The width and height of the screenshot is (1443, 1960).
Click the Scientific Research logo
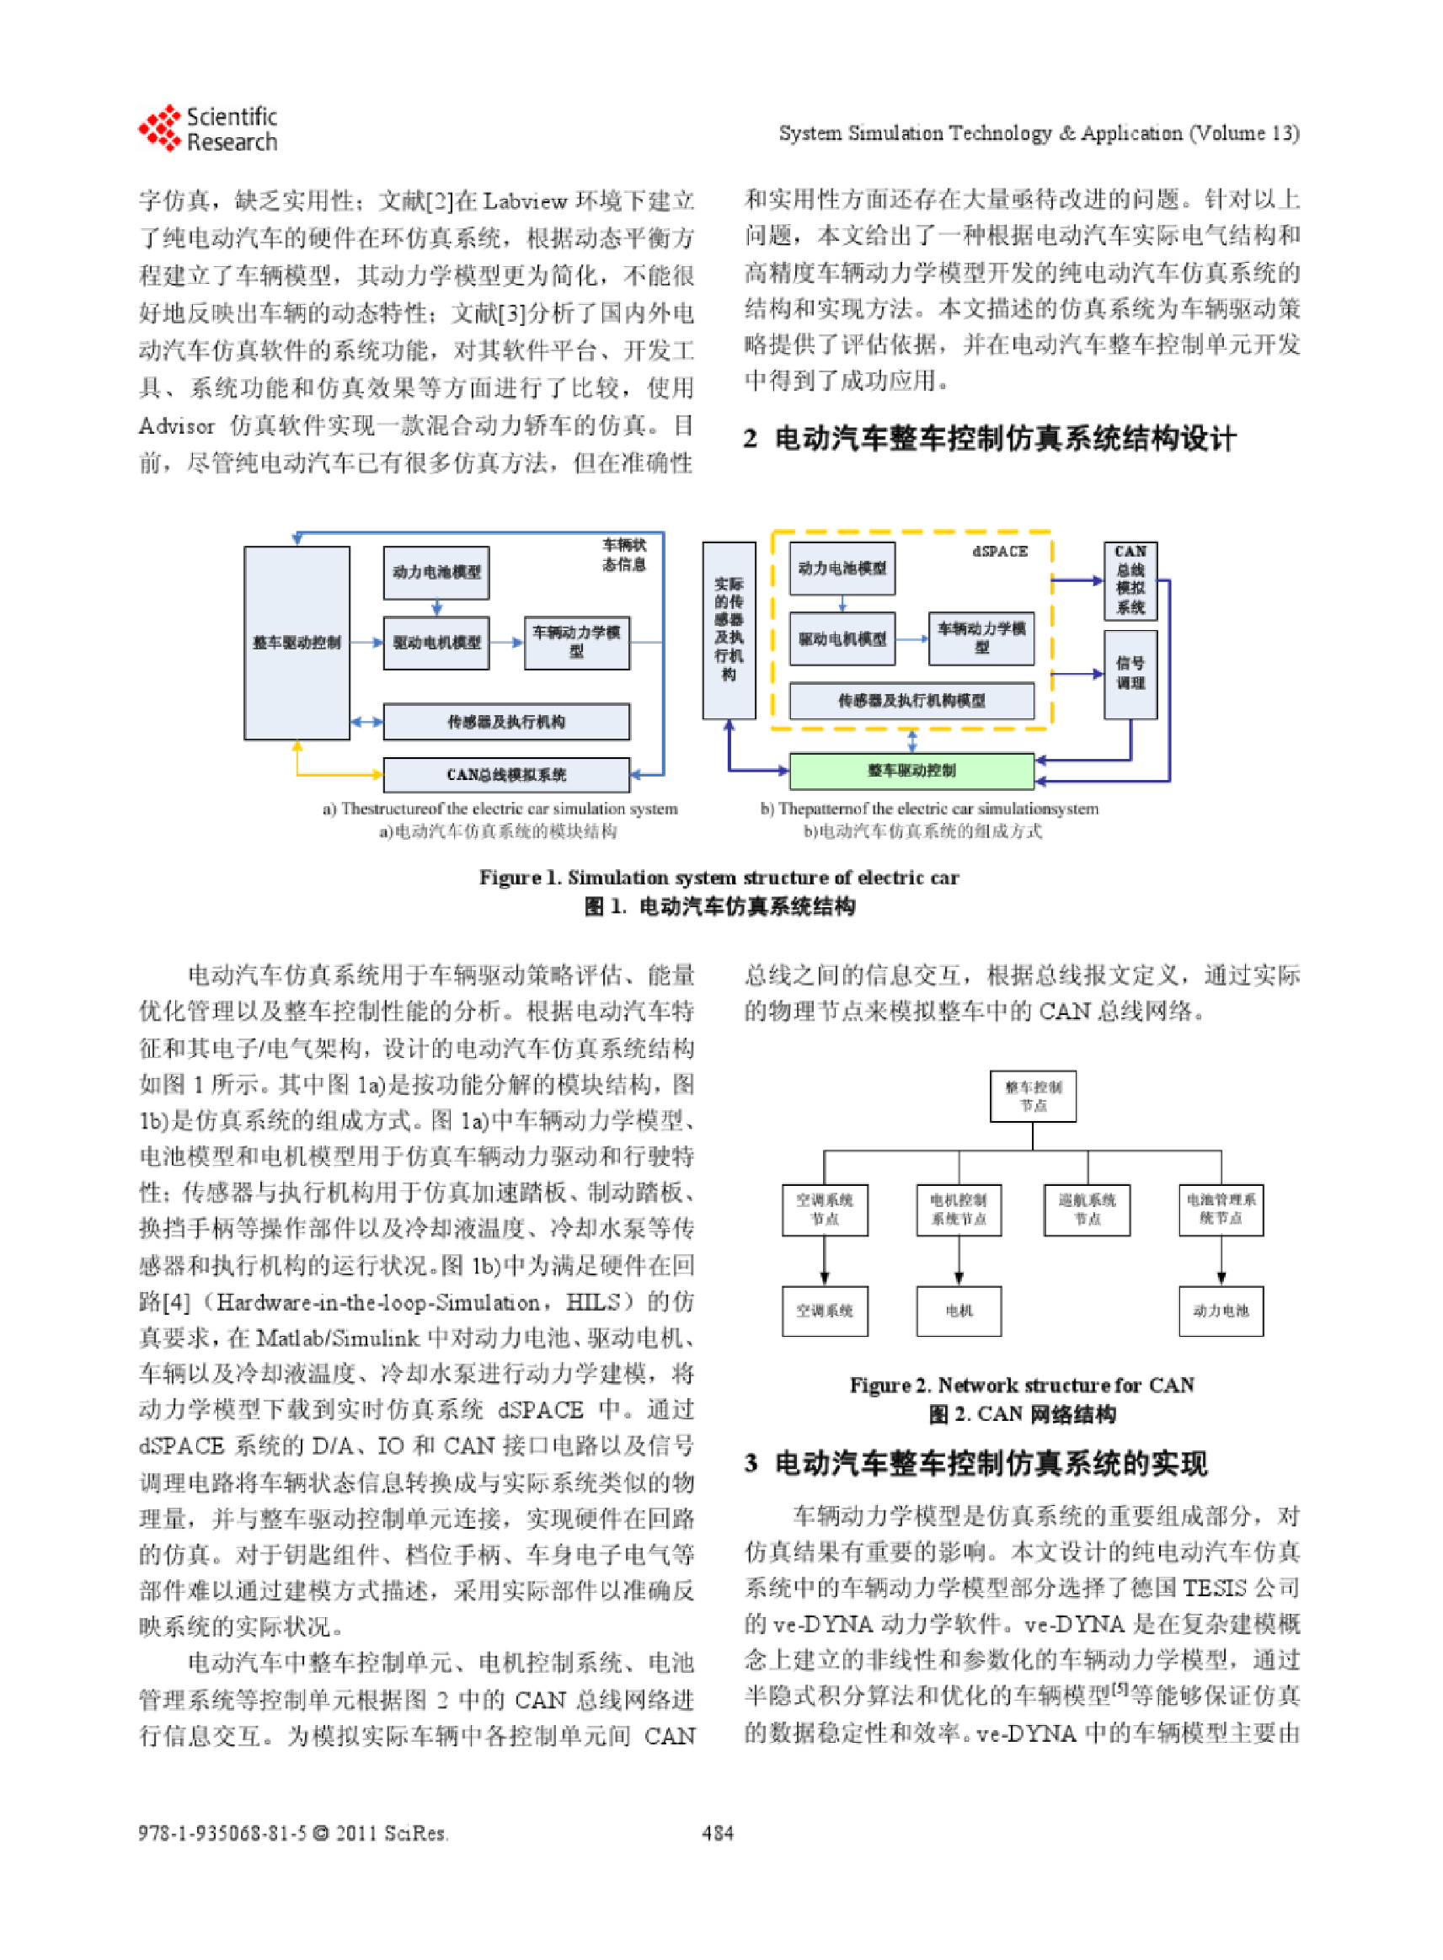207,129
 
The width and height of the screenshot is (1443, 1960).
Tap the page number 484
718,1833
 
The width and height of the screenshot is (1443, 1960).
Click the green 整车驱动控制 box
911,771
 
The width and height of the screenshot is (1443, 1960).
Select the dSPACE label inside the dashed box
1000,551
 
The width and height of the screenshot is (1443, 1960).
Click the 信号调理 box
1130,674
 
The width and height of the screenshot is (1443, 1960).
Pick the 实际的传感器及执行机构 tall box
729,630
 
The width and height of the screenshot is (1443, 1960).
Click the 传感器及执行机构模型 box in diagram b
911,701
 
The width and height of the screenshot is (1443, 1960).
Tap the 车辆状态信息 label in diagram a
624,554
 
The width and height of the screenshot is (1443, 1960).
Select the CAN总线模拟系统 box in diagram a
505,775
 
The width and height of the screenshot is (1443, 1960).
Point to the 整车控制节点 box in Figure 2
1033,1096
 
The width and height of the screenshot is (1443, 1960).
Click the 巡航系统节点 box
1087,1210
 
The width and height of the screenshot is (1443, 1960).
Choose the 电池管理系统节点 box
1221,1210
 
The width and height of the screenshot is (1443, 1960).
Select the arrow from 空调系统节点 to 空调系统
825,1260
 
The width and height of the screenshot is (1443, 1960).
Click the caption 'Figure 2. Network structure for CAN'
1021,1386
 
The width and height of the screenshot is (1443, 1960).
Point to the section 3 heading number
751,1463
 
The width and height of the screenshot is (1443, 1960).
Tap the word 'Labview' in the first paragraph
525,202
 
